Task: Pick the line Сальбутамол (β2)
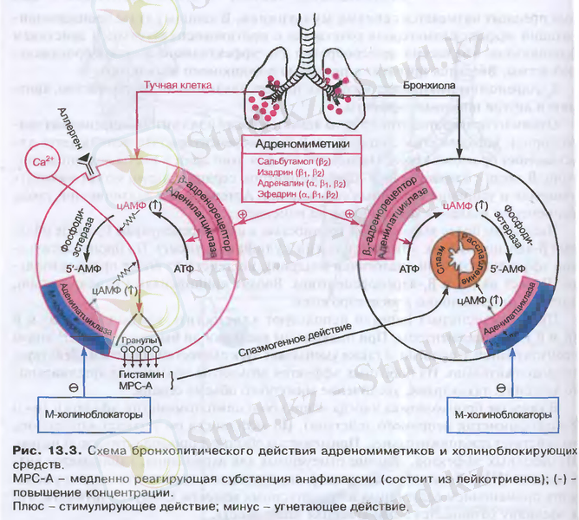(296, 162)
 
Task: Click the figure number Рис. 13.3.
(38, 452)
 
